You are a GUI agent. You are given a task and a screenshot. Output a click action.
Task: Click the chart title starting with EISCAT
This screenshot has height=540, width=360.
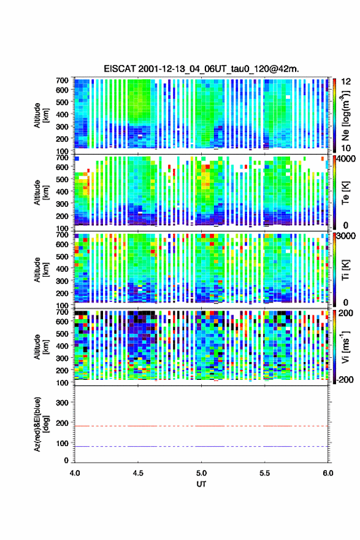tap(201, 69)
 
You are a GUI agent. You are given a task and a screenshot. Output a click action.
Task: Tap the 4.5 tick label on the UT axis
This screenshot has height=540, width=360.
tap(138, 473)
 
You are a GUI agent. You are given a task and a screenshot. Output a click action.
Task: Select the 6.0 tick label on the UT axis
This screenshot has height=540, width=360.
tap(328, 473)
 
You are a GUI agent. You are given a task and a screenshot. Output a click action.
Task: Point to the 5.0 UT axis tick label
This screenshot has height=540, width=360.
tap(201, 473)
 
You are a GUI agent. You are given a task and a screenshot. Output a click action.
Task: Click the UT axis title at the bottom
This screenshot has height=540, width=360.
tap(201, 484)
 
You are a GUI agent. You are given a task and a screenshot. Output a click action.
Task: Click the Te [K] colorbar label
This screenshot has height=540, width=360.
tap(345, 193)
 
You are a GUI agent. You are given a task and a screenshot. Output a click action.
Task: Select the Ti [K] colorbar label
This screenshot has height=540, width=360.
tap(345, 269)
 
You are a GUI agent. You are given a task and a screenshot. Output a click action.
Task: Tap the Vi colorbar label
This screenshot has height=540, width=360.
tap(345, 347)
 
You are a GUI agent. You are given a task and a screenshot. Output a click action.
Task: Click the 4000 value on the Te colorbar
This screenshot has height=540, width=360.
tap(347, 159)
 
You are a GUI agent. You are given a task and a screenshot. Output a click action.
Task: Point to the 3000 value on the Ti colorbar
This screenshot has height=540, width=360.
tap(347, 236)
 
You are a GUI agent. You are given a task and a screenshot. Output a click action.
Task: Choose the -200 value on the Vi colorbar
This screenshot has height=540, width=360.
tap(344, 379)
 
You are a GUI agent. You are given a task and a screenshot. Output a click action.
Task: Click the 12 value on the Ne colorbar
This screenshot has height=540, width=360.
tap(347, 82)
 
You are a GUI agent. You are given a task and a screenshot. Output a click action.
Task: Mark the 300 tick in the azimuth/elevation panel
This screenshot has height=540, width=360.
tap(62, 403)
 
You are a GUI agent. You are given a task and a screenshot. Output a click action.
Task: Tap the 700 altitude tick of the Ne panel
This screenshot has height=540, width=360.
tap(62, 80)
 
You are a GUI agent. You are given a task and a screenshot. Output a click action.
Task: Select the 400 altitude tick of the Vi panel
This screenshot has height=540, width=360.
tap(62, 345)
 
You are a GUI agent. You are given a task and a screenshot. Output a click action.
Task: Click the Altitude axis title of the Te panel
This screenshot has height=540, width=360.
tap(41, 193)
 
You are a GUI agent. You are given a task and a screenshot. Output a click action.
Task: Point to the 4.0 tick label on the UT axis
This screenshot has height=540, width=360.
tap(75, 473)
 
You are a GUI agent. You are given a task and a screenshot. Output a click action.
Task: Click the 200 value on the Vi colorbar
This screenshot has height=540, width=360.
tap(346, 313)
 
